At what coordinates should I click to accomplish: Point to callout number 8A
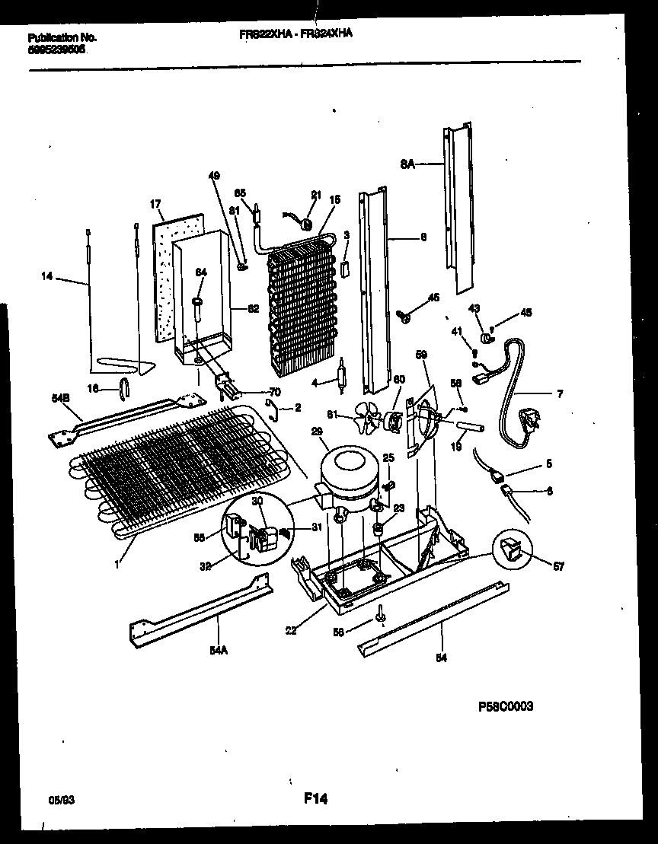407,162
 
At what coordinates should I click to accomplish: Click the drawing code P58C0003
505,706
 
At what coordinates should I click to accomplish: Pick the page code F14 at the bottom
315,798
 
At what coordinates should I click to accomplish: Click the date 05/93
59,801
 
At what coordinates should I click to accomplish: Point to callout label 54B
59,399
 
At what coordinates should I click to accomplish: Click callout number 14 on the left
48,277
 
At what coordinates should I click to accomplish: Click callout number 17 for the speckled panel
155,205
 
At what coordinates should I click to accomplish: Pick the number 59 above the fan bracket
421,354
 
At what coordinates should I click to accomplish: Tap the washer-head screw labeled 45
404,317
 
